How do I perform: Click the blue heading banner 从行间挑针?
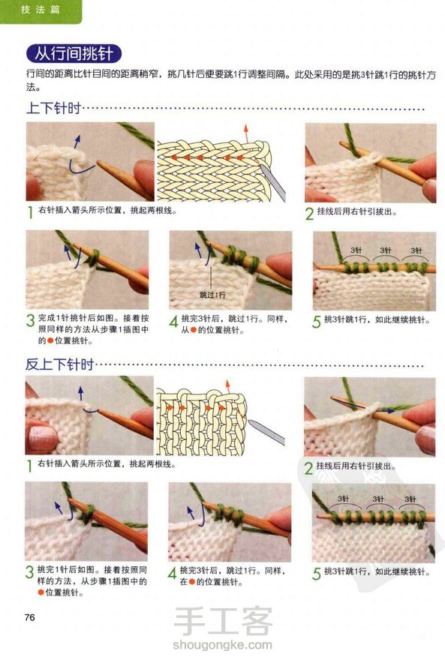click(74, 54)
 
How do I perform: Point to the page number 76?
click(30, 617)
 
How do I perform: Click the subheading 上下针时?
click(53, 108)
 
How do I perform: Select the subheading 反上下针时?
click(59, 364)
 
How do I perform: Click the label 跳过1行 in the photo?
click(212, 295)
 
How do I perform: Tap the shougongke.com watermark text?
click(222, 644)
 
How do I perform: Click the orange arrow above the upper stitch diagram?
click(246, 133)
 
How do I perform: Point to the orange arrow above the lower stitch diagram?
click(228, 387)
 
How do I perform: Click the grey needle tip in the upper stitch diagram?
click(263, 167)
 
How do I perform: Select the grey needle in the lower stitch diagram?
click(266, 431)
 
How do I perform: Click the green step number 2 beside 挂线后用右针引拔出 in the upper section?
click(309, 214)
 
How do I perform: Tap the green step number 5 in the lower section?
click(317, 573)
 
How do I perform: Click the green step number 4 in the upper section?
click(173, 322)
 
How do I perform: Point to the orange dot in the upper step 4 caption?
click(194, 330)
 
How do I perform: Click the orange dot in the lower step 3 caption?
click(41, 592)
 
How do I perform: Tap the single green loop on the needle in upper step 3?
click(94, 257)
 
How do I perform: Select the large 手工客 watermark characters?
click(223, 621)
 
